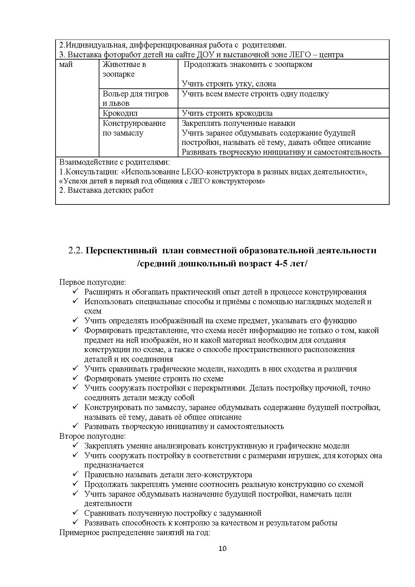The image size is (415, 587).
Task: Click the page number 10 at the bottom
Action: click(222, 549)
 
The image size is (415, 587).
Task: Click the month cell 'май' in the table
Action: click(66, 65)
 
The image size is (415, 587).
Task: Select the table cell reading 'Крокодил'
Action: click(120, 113)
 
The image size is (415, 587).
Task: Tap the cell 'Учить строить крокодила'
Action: click(227, 113)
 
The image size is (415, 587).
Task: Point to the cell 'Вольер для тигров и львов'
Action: click(135, 98)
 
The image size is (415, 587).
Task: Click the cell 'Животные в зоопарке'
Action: click(124, 69)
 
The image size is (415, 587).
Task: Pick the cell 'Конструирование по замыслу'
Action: click(134, 128)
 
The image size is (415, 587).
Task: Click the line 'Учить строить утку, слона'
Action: click(229, 84)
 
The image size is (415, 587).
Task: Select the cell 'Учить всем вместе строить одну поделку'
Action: click(255, 94)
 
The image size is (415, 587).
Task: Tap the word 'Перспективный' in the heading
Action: click(121, 250)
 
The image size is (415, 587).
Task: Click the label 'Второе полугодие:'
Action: click(92, 436)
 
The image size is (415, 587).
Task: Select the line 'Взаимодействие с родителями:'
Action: click(114, 162)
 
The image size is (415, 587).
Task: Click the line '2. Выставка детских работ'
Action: click(106, 190)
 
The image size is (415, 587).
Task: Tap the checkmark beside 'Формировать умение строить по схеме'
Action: click(75, 378)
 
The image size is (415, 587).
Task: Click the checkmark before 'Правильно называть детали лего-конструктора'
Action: click(75, 474)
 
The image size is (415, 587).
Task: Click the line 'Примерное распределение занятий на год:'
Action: click(135, 532)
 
